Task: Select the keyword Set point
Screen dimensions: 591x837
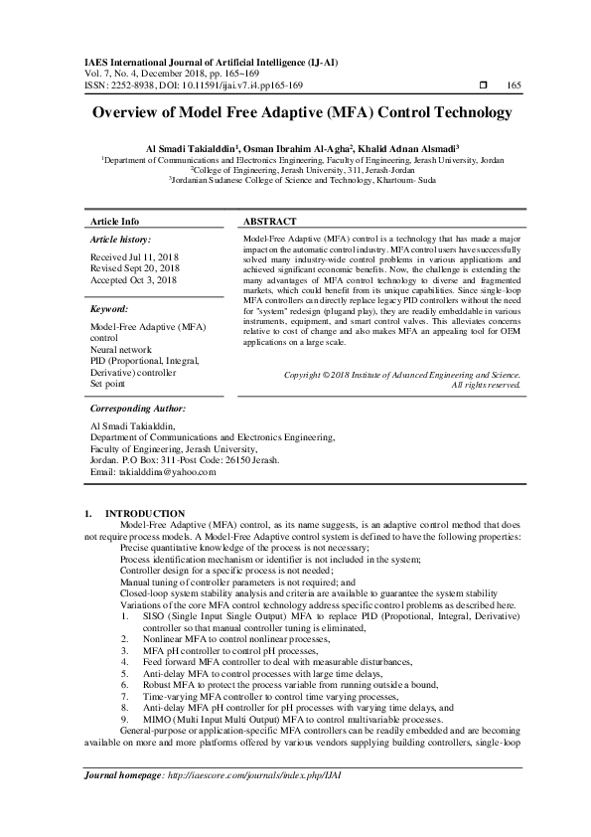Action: pyautogui.click(x=108, y=383)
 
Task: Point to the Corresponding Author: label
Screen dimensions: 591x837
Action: pyautogui.click(x=137, y=409)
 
